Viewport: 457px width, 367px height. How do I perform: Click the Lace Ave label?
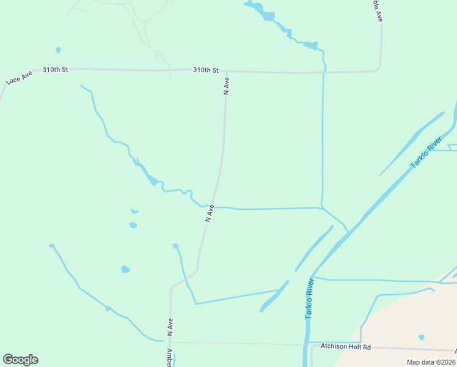(18, 77)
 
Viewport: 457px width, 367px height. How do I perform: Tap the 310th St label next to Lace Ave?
(55, 70)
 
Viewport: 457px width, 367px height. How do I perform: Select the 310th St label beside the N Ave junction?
(205, 70)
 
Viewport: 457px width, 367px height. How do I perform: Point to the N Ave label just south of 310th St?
(227, 85)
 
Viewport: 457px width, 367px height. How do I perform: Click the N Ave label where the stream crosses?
(210, 212)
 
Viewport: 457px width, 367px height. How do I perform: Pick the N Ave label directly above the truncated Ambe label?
(170, 328)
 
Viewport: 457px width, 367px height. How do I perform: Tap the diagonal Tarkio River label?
(426, 154)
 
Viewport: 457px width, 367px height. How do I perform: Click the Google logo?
(20, 360)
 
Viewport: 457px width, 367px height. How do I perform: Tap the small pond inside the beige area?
(421, 337)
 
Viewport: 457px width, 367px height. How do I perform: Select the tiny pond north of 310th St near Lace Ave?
(58, 50)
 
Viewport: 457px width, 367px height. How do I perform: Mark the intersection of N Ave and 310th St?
(227, 72)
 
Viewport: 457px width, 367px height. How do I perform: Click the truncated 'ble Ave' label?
(379, 11)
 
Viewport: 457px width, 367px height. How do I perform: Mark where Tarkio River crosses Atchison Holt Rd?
(306, 344)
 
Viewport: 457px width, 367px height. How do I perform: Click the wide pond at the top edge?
(268, 15)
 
